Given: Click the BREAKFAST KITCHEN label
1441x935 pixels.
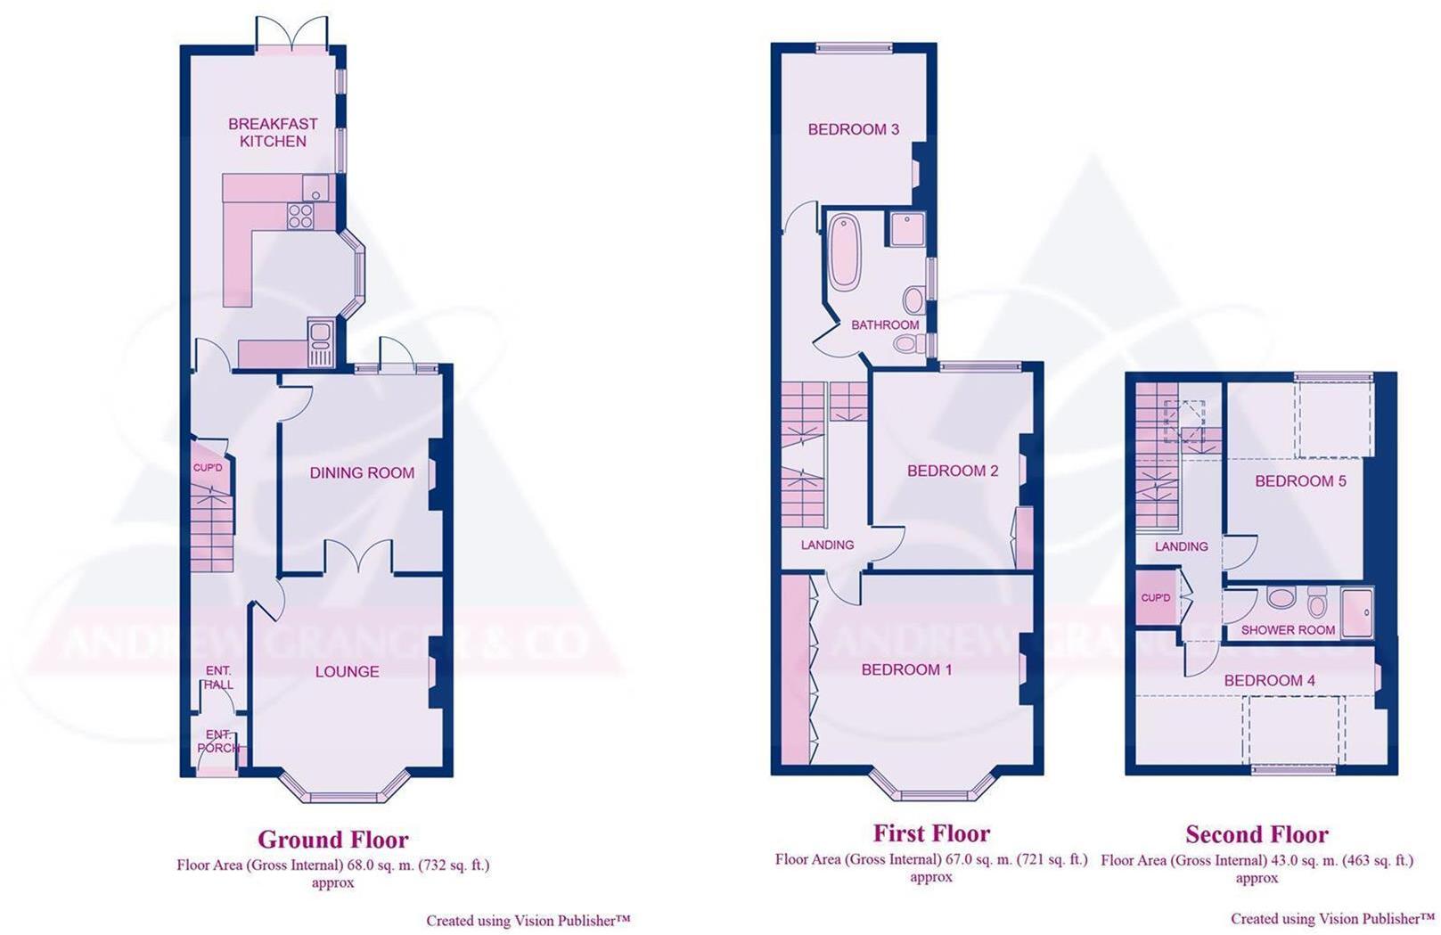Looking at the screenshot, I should point(273,133).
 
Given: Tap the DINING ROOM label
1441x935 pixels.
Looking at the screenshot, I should point(362,473).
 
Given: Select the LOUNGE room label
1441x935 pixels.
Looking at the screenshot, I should point(347,672).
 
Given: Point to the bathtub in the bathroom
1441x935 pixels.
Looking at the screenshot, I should point(844,250).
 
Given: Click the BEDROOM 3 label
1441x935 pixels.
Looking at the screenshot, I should point(853,129).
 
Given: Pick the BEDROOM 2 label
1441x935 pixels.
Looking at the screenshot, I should point(953,471).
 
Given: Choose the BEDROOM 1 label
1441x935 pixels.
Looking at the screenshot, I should point(906,669).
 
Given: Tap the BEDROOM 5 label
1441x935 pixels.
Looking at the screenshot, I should point(1300,481).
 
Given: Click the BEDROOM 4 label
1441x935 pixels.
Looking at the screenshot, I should point(1269,681).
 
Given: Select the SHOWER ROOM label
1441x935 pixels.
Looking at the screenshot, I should point(1288,630).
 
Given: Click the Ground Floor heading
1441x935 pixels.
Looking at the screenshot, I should point(332,840).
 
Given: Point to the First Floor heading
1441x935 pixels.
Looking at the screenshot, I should point(931,834).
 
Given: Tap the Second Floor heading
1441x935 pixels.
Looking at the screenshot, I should point(1257,835).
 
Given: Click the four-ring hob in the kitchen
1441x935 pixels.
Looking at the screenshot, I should point(300,216).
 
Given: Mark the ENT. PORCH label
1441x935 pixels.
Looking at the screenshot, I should point(218,742).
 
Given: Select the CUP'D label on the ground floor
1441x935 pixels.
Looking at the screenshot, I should point(208,468).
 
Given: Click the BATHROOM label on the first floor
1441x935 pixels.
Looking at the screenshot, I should point(884,325).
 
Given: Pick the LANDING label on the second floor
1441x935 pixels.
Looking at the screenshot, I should point(1181,546).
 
